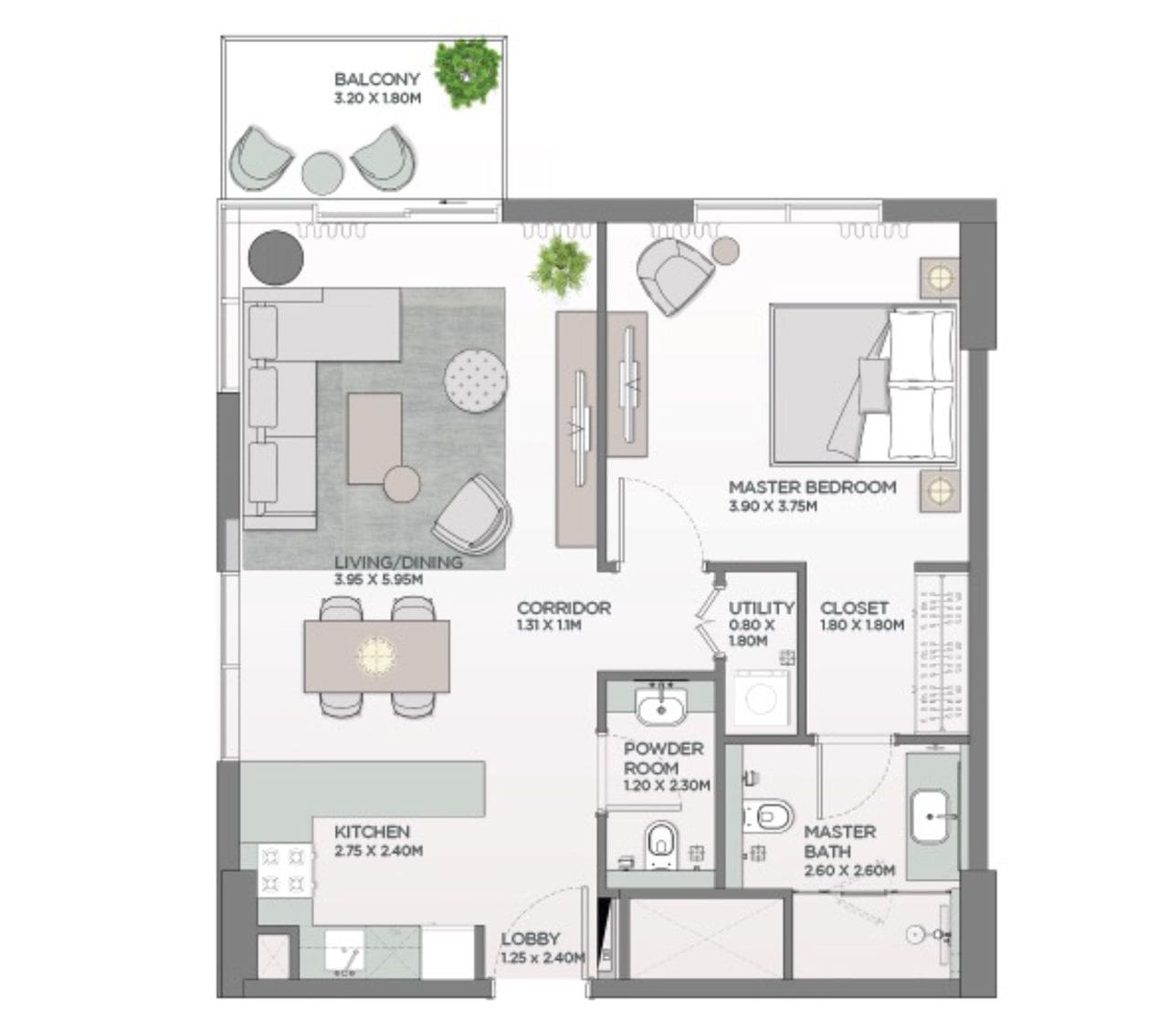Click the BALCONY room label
pyautogui.click(x=376, y=79)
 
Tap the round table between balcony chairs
pyautogui.click(x=322, y=174)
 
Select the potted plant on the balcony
pyautogui.click(x=467, y=73)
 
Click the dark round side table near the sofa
pyautogui.click(x=275, y=258)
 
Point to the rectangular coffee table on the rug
pyautogui.click(x=374, y=438)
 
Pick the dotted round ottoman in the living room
pyautogui.click(x=476, y=382)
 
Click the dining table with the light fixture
pyautogui.click(x=376, y=656)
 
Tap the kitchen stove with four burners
pyautogui.click(x=285, y=869)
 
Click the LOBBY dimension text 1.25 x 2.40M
pyautogui.click(x=543, y=958)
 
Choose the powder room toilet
pyautogui.click(x=661, y=845)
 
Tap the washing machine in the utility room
pyautogui.click(x=761, y=699)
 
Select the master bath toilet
pyautogui.click(x=767, y=815)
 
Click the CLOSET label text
pyautogui.click(x=854, y=608)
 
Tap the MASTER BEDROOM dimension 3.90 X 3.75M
pyautogui.click(x=773, y=507)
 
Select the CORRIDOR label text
pyautogui.click(x=563, y=608)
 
